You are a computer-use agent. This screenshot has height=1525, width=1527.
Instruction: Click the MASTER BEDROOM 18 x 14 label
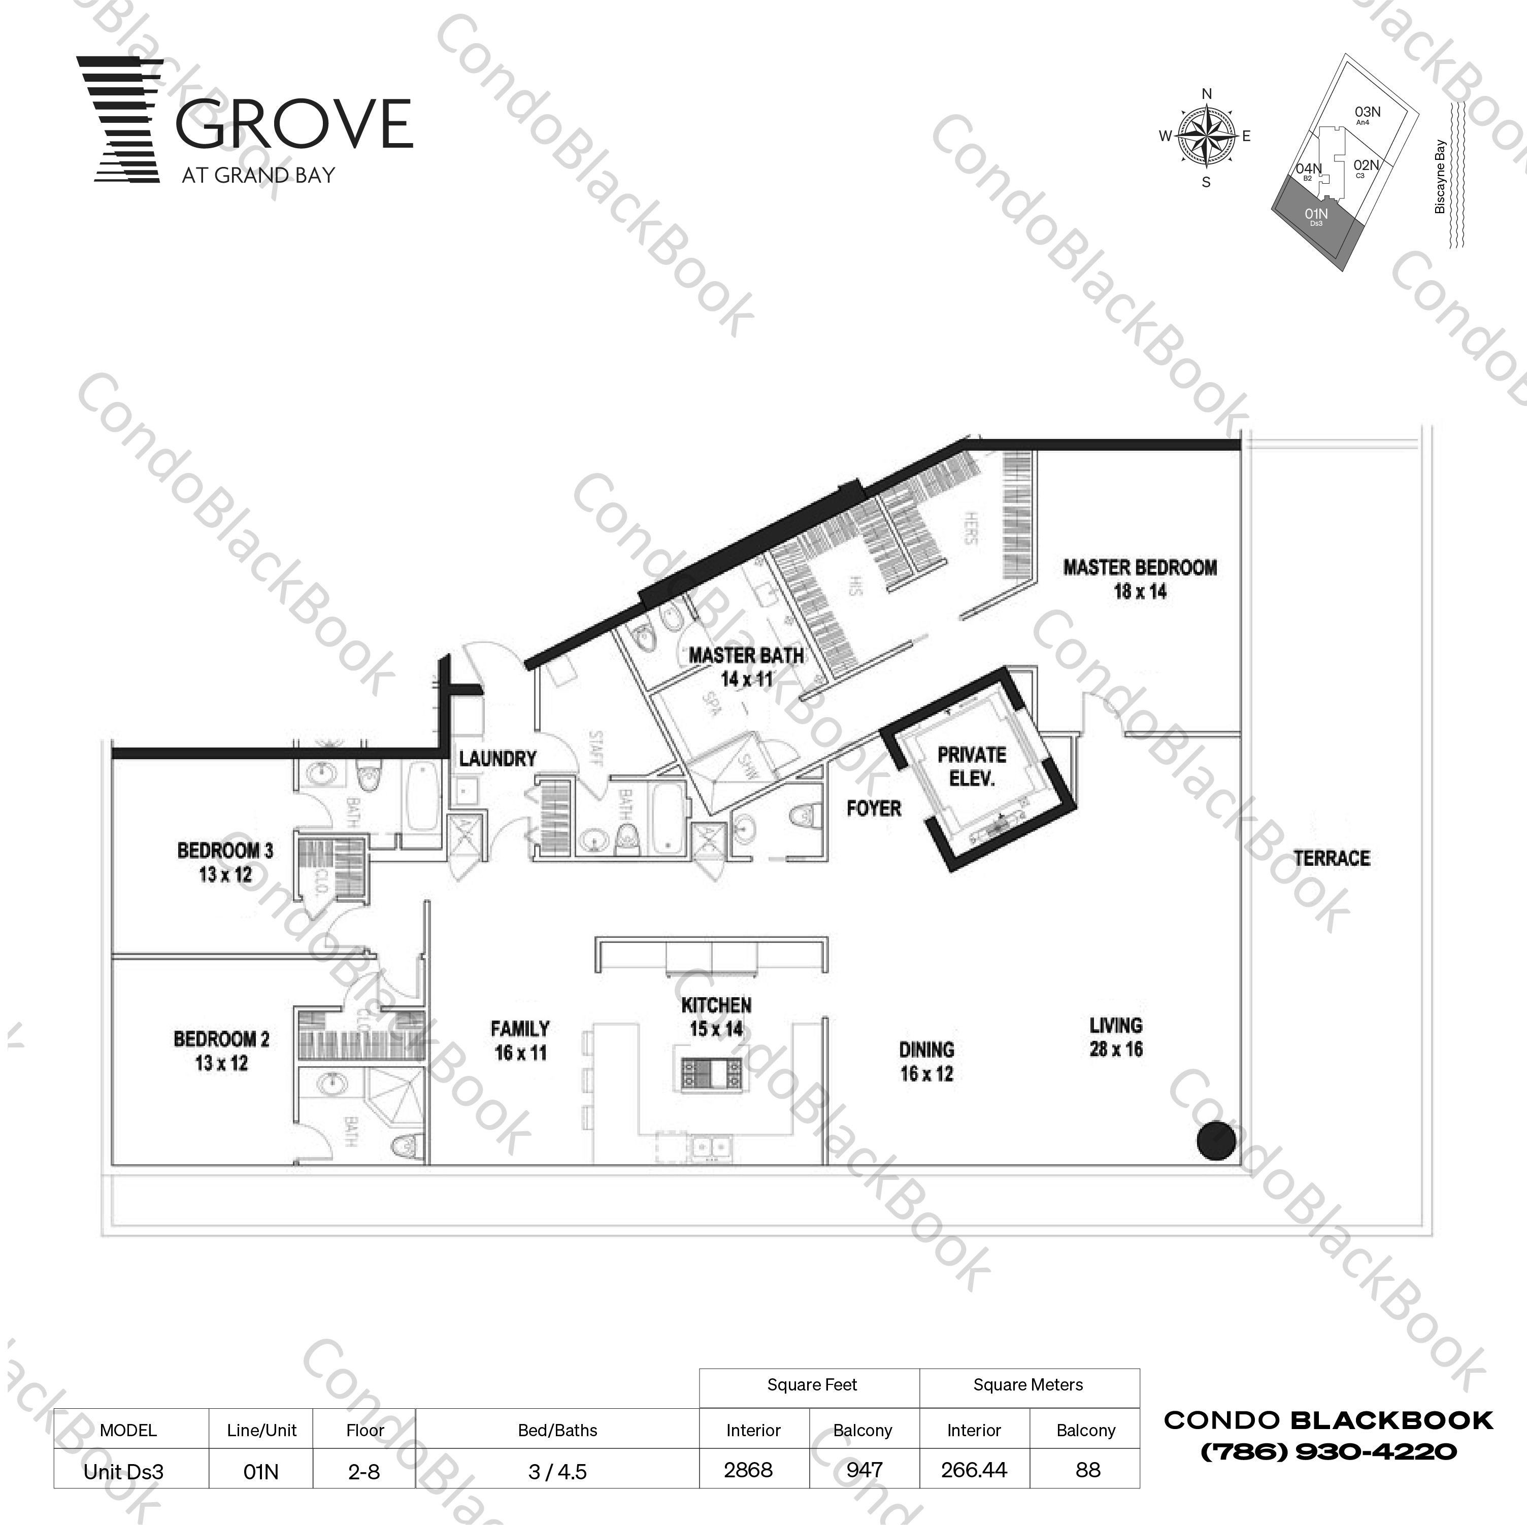pos(1140,579)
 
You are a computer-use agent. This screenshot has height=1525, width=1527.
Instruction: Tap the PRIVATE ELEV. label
pos(971,766)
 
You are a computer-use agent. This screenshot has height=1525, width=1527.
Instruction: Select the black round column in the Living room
pos(1216,1141)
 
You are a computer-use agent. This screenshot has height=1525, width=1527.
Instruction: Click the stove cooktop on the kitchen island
pos(712,1073)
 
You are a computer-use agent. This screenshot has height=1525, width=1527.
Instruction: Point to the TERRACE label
pos(1332,858)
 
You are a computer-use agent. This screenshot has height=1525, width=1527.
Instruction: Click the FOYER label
pos(873,808)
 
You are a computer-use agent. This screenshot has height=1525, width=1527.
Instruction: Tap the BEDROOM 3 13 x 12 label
pos(225,863)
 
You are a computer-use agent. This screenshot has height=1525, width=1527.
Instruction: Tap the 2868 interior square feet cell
pos(748,1470)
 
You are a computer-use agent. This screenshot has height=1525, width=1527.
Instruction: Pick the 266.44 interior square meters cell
pos(974,1470)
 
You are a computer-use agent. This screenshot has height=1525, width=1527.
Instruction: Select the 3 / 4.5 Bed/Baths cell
pos(557,1471)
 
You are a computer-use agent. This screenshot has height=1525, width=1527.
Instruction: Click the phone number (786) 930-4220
pos(1329,1451)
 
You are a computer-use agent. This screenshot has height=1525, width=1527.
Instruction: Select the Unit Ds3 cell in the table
pos(124,1471)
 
